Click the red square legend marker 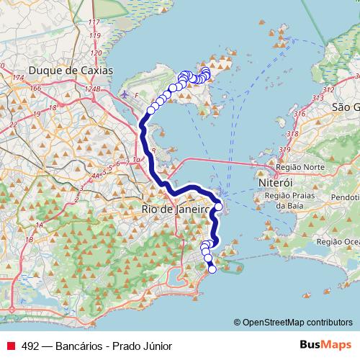(x=10, y=346)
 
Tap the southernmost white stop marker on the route (x=212, y=269)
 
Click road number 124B (x=91, y=89)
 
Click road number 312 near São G (x=330, y=89)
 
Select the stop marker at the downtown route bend (x=218, y=206)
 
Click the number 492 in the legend (x=30, y=346)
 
